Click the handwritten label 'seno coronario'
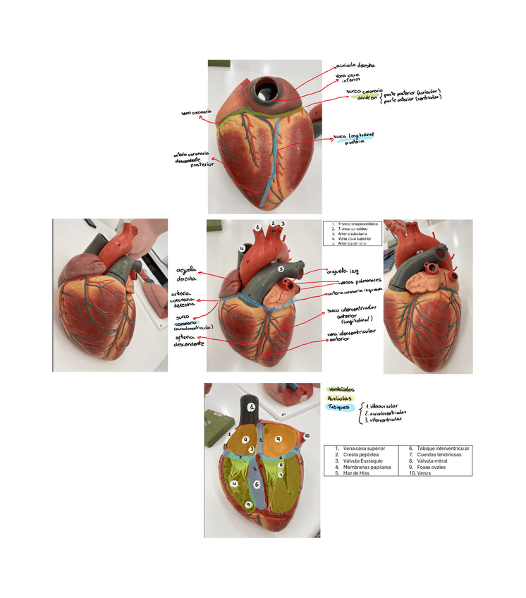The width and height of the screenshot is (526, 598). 197,111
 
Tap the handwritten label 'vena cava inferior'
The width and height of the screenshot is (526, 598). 350,78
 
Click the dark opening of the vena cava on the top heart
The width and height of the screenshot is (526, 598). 267,89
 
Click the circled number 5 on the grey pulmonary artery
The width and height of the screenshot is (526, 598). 280,269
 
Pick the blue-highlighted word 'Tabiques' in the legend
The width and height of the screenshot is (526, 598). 341,407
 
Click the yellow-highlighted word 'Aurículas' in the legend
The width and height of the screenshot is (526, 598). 341,398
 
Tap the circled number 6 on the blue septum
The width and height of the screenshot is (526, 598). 257,484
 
